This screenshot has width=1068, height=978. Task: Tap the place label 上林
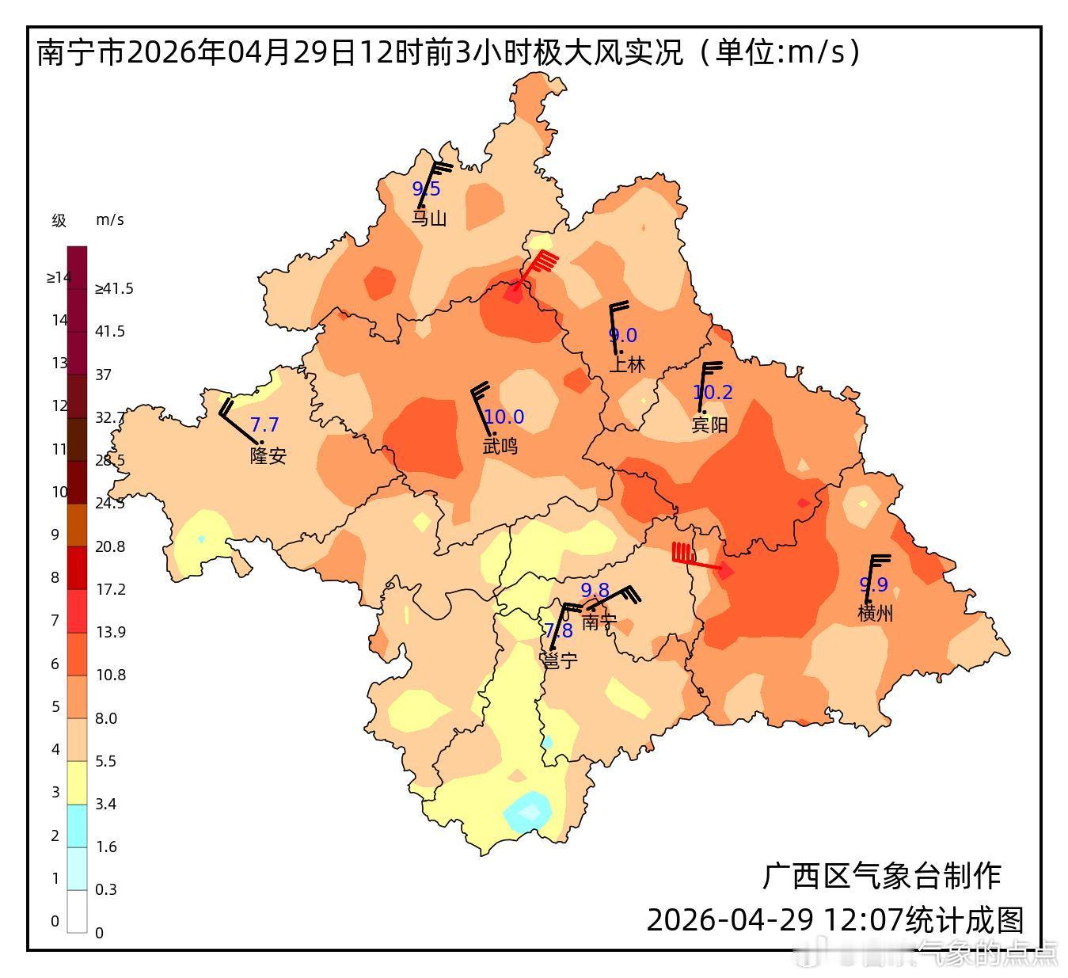coord(626,364)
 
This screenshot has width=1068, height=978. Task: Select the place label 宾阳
coord(709,425)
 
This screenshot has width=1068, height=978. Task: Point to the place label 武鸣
coord(500,447)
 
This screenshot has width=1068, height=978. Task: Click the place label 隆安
coord(268,456)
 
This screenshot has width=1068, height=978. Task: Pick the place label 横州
coord(875,613)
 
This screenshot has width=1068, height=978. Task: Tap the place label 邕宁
coord(559,660)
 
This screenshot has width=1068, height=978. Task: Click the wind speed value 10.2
coord(713,392)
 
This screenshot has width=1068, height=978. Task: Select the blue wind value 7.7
coord(264,425)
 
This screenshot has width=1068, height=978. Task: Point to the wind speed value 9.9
coord(874,584)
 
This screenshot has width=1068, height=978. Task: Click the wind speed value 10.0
coord(504,417)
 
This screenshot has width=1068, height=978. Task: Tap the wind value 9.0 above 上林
coord(622,336)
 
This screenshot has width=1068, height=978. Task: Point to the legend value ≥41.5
coord(114,289)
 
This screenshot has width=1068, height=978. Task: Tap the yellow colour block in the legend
coord(77,782)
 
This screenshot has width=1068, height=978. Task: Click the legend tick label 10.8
coord(110,675)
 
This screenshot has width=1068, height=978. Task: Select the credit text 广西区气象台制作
coord(881,877)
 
